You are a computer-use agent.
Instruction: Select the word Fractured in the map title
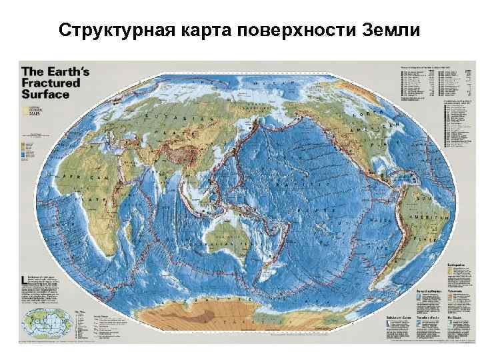point(51,83)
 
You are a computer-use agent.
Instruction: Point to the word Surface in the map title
point(45,94)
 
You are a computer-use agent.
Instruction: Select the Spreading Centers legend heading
point(427,291)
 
